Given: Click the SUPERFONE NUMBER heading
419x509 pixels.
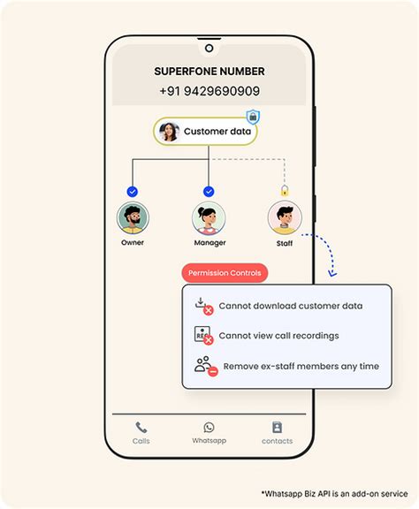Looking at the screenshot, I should point(209,72).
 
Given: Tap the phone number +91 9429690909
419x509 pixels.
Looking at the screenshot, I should point(209,91).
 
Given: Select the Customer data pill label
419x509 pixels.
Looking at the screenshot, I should point(217,132).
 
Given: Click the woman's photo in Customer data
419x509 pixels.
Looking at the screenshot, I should point(168,132).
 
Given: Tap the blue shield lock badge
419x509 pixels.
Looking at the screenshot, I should point(253,117).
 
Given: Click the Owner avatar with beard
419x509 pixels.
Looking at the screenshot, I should point(133,217).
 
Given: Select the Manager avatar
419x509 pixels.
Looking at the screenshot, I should point(209,217).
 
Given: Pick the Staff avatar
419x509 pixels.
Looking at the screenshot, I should point(285,217).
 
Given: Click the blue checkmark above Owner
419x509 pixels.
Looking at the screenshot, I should point(133,191).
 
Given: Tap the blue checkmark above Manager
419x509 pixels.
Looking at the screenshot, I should point(209,191).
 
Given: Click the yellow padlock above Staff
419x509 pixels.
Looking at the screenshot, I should point(285,190).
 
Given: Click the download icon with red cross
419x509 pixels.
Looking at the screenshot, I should point(202,306).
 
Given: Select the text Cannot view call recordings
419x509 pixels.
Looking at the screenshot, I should point(278,336).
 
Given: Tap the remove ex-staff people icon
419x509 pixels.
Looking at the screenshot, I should point(204,365).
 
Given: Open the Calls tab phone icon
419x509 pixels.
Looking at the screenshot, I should point(141,428).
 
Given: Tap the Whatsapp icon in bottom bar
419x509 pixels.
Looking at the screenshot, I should point(209,428).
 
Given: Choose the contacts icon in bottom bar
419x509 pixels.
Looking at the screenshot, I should point(277,428).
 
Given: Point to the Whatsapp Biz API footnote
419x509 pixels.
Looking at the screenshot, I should point(334,493).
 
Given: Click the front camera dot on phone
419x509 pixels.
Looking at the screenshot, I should point(209,48).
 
